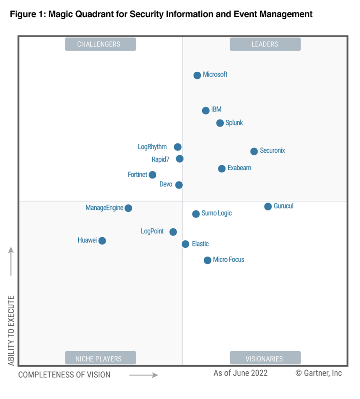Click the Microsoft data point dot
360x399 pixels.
coord(197,75)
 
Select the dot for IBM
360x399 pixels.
coord(206,111)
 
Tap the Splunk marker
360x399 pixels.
coord(220,123)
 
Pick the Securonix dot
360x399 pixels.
coord(254,151)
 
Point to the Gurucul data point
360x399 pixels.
coord(268,207)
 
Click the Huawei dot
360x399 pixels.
coord(102,241)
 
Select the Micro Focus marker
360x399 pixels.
coord(207,260)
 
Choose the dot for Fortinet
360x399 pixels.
coord(152,175)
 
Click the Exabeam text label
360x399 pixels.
coord(239,168)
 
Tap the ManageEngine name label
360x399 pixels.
coord(104,208)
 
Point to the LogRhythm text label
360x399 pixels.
coord(152,147)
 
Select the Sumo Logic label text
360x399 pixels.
coord(217,213)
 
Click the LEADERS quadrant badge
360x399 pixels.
coord(265,44)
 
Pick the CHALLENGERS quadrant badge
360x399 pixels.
coord(100,44)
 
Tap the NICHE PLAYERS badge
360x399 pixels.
coord(100,358)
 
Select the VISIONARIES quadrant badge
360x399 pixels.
coord(265,358)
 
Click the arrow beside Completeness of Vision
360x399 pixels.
coord(143,375)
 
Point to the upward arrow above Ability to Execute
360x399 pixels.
coord(11,261)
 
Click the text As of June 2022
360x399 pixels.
coord(240,373)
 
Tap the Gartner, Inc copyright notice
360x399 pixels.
coord(318,373)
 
